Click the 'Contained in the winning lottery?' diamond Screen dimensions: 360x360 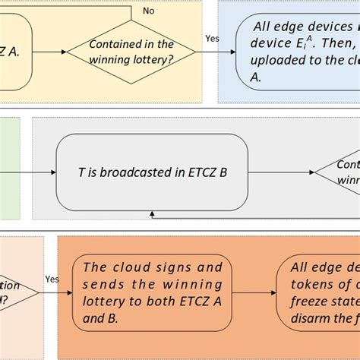click(132, 52)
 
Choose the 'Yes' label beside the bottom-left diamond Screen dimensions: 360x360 click(52, 279)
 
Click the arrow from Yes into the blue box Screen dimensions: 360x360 click(220, 52)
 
